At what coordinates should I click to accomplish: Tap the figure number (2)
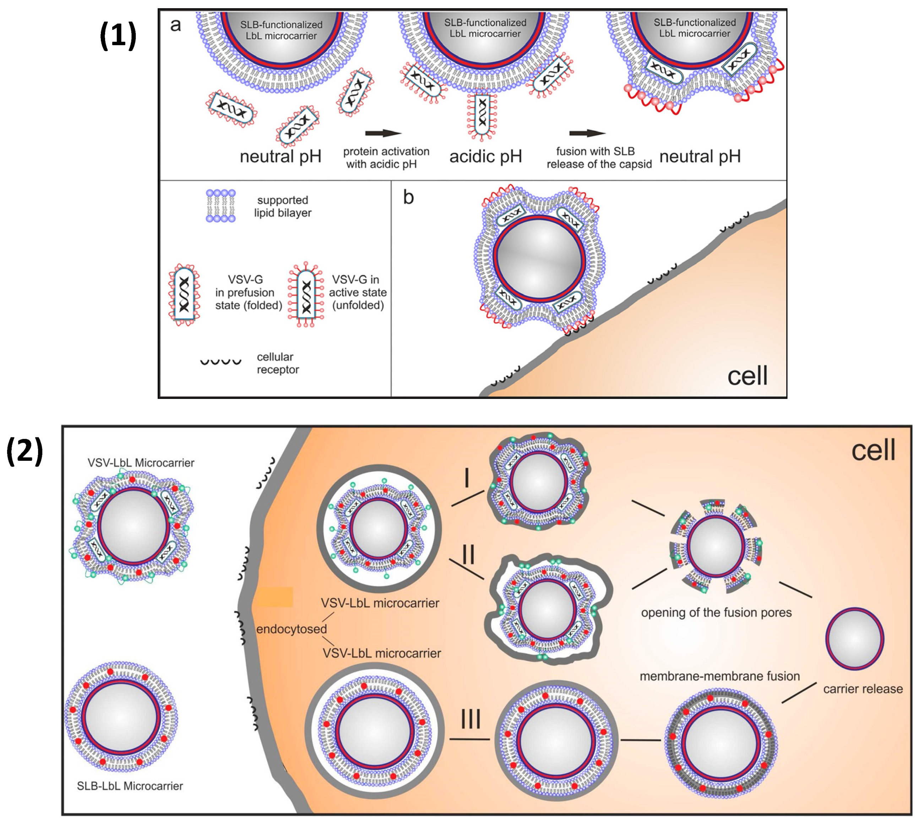tap(25, 451)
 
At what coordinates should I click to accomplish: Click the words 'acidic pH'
tap(485, 157)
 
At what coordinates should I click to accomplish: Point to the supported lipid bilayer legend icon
tap(221, 206)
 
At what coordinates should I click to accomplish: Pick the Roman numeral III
tap(471, 719)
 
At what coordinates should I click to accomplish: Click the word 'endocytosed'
tap(291, 629)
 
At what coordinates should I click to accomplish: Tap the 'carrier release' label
tap(863, 689)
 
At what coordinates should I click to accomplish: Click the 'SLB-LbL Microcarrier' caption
tap(130, 786)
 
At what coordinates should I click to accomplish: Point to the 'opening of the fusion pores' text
tap(716, 613)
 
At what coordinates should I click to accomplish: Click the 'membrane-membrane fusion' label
tap(719, 676)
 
